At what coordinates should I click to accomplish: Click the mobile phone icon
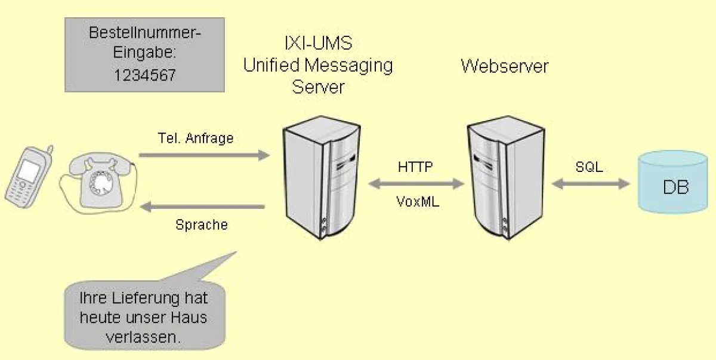pos(27,176)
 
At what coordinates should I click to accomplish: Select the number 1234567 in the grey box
pos(144,76)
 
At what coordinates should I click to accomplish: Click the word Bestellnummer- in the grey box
pos(144,32)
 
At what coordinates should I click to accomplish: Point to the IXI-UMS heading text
pos(318,43)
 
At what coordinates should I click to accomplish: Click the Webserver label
pos(504,65)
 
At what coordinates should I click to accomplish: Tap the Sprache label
pos(202,226)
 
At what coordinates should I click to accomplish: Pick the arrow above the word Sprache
pos(203,207)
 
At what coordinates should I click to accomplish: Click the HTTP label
pos(415,167)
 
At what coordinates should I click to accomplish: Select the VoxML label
pos(417,201)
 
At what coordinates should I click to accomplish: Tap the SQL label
pos(589,168)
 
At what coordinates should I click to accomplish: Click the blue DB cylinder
pos(672,182)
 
